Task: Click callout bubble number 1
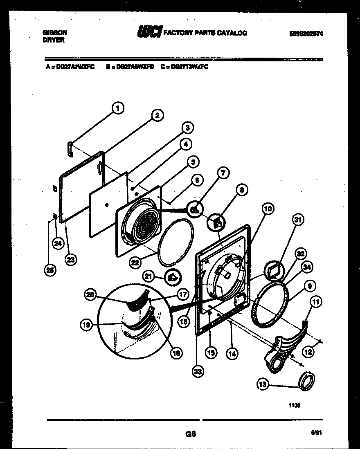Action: click(x=117, y=108)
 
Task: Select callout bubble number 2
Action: click(x=156, y=115)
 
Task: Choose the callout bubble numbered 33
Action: click(x=198, y=371)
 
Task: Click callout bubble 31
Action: click(x=299, y=220)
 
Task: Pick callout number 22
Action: click(x=135, y=263)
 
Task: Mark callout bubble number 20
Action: click(x=90, y=294)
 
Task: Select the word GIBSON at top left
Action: click(x=55, y=32)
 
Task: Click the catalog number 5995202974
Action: click(x=306, y=34)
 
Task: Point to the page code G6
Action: click(x=190, y=434)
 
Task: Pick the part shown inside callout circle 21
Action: click(x=172, y=277)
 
